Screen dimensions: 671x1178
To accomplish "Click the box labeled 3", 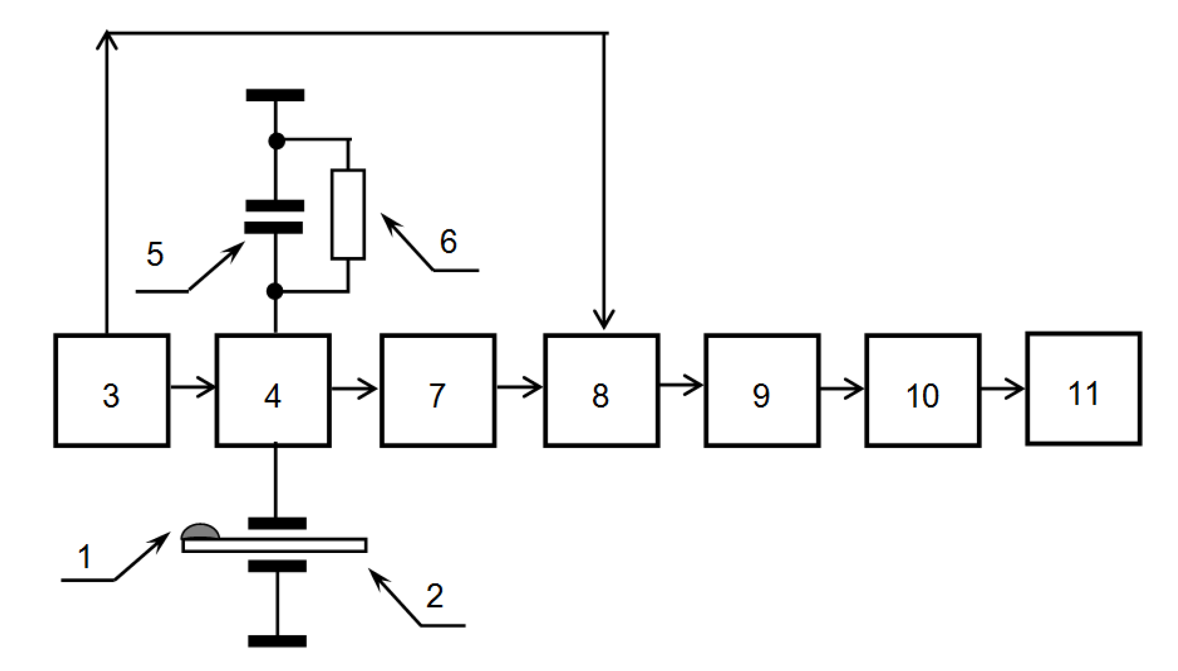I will (x=111, y=390).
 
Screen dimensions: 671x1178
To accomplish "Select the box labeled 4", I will (x=273, y=390).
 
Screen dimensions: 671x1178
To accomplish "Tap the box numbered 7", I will (x=438, y=390).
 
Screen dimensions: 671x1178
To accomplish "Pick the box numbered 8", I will (x=601, y=390).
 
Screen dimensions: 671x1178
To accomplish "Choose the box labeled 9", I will (x=762, y=390).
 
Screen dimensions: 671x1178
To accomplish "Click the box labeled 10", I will (x=922, y=390).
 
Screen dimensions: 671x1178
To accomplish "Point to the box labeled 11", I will (x=1083, y=389).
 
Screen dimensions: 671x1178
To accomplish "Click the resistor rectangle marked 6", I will (x=348, y=214).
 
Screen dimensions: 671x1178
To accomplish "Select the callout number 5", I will (x=155, y=254).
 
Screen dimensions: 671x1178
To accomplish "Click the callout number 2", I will (x=435, y=596).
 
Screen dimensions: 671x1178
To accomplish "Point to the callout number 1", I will (x=85, y=557).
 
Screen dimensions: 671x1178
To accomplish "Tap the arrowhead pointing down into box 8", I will (x=604, y=320).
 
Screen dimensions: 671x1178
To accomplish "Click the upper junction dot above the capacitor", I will (x=276, y=141).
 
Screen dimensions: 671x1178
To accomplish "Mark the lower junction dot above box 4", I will (x=274, y=291).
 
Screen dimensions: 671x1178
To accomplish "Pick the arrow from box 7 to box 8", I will (x=519, y=386).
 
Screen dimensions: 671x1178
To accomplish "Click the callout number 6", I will (x=448, y=242).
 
